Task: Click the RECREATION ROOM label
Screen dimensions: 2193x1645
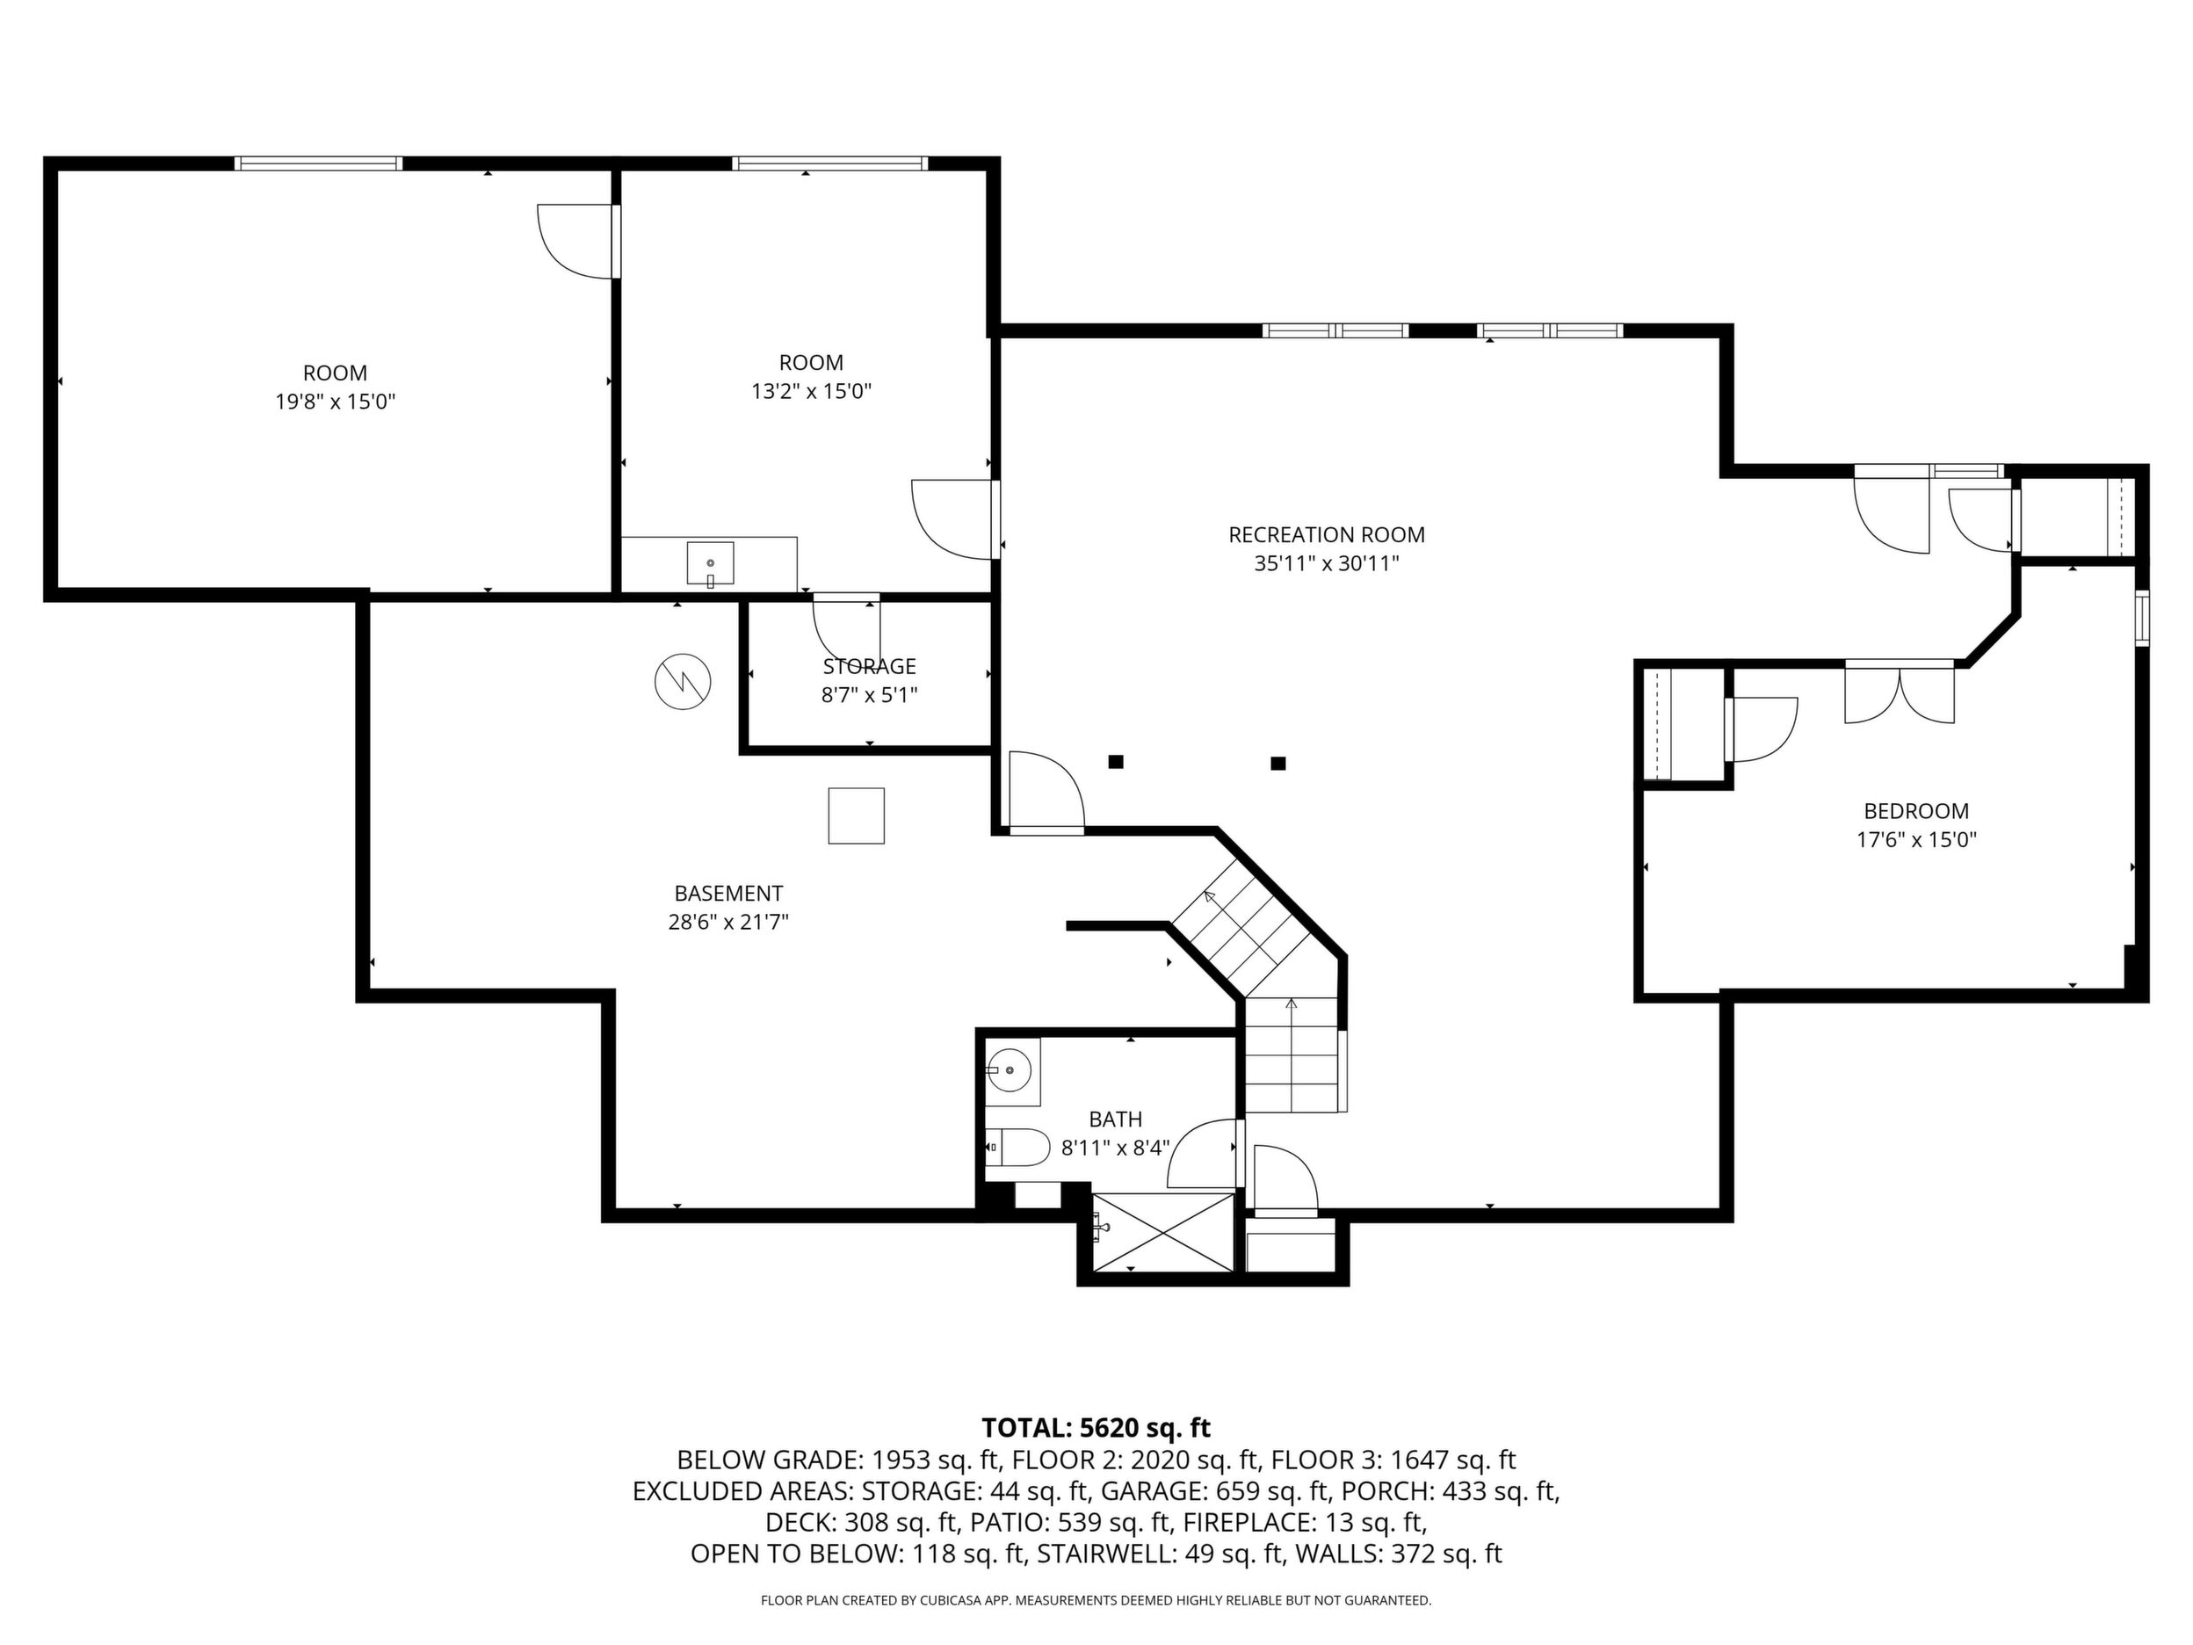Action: click(1327, 535)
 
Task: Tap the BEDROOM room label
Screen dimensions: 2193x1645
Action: click(1916, 811)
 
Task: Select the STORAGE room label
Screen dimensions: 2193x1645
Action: click(870, 666)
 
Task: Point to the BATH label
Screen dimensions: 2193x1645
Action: click(1115, 1120)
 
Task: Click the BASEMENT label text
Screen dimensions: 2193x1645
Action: click(728, 894)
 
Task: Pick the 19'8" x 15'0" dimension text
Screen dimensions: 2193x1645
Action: click(335, 402)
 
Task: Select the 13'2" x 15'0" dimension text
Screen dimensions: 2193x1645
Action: click(811, 392)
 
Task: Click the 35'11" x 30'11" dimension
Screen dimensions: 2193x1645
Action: click(1327, 564)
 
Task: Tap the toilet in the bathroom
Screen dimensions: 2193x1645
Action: click(1018, 1149)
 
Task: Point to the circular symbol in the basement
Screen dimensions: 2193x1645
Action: click(683, 681)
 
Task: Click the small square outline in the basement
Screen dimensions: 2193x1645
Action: click(856, 815)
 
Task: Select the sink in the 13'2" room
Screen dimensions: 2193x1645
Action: click(710, 563)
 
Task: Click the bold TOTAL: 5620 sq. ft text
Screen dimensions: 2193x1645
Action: click(1096, 1428)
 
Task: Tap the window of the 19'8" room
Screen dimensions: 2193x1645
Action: click(318, 163)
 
